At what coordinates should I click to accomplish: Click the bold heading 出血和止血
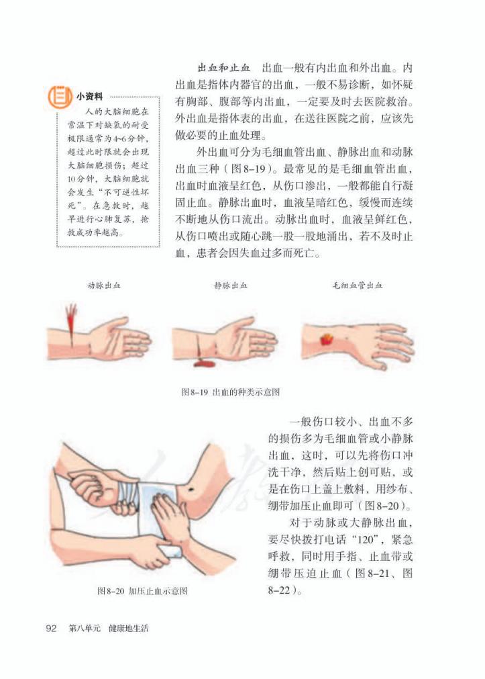[223, 69]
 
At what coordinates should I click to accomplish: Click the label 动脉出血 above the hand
[104, 285]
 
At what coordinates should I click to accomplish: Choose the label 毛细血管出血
[357, 285]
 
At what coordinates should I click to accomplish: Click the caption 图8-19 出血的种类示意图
[230, 392]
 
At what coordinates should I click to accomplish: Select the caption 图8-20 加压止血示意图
[142, 591]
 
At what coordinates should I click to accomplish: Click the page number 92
[50, 629]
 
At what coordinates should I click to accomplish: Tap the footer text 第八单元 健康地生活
[109, 629]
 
